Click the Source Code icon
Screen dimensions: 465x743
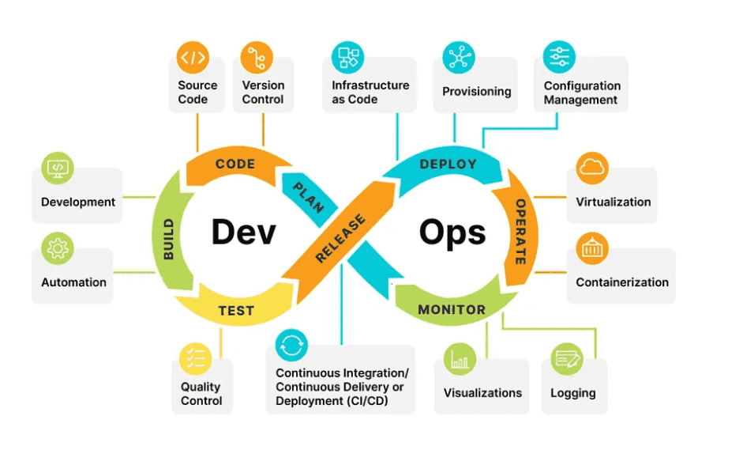click(x=193, y=58)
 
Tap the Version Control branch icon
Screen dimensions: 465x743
click(x=257, y=58)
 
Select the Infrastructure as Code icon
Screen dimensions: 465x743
click(x=348, y=58)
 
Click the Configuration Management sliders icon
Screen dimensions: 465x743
click(x=559, y=58)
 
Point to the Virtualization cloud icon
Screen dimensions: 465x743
click(x=592, y=168)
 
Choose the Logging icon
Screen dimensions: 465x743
click(x=567, y=359)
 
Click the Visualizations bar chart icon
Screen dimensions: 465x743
click(x=460, y=359)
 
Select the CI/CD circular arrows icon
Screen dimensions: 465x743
click(x=291, y=346)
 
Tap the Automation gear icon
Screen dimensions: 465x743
click(x=58, y=248)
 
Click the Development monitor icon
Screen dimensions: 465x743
click(x=58, y=168)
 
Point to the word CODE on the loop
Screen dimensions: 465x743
click(x=235, y=164)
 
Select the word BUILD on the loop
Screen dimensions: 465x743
click(x=168, y=240)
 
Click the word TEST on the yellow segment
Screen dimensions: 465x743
click(x=236, y=311)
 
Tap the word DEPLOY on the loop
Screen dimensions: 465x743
click(x=448, y=164)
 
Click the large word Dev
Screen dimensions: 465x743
click(x=243, y=232)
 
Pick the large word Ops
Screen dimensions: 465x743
click(x=452, y=232)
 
